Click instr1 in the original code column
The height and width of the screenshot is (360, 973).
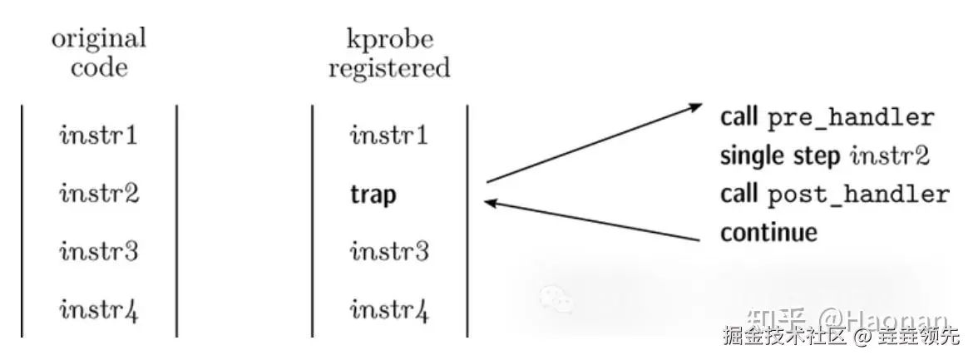(99, 134)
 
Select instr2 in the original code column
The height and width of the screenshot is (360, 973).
(99, 194)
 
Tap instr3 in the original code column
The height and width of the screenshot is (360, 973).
(99, 249)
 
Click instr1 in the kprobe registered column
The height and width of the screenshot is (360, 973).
(389, 134)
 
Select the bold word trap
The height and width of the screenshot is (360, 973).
(373, 195)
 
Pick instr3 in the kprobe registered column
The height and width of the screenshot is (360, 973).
(389, 249)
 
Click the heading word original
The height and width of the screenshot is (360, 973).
(99, 39)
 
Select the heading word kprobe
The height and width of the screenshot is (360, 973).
(389, 39)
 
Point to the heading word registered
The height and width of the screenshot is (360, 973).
(389, 68)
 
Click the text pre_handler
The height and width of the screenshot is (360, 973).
(850, 118)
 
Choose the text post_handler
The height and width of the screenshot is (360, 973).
(858, 195)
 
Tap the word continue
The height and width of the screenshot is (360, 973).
(768, 233)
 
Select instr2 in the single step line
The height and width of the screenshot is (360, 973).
(888, 156)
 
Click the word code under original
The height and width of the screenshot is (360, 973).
(99, 68)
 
